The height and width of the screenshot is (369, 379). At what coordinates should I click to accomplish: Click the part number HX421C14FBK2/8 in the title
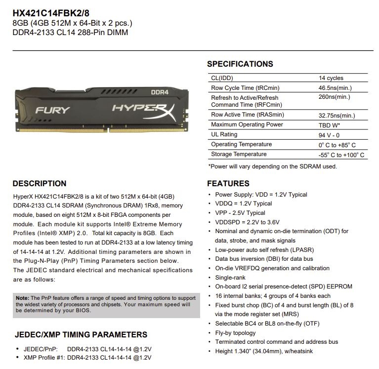pos(48,11)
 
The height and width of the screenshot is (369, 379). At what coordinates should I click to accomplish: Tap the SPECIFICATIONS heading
pos(240,64)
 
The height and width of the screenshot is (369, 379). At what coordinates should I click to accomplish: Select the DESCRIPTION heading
pos(39,184)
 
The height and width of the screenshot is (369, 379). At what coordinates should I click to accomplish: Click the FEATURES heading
pos(228,184)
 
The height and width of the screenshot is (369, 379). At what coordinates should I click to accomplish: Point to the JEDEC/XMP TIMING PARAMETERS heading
pos(81,334)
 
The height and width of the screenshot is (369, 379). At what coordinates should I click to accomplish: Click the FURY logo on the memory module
pos(53,110)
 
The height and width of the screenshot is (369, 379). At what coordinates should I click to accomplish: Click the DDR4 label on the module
pos(160,92)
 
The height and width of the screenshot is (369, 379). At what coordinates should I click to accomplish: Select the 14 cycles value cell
pos(331,78)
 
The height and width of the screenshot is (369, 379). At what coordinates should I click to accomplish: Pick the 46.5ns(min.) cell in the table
pos(335,88)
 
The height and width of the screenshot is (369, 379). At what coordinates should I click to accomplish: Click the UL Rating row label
pos(224,134)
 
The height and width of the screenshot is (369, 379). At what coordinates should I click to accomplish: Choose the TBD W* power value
pos(330,125)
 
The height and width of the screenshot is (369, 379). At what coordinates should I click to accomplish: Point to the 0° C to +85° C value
pos(337,145)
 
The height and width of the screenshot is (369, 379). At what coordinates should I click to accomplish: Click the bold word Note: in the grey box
pos(22,298)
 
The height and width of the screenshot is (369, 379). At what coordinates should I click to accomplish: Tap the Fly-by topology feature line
pos(235,333)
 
